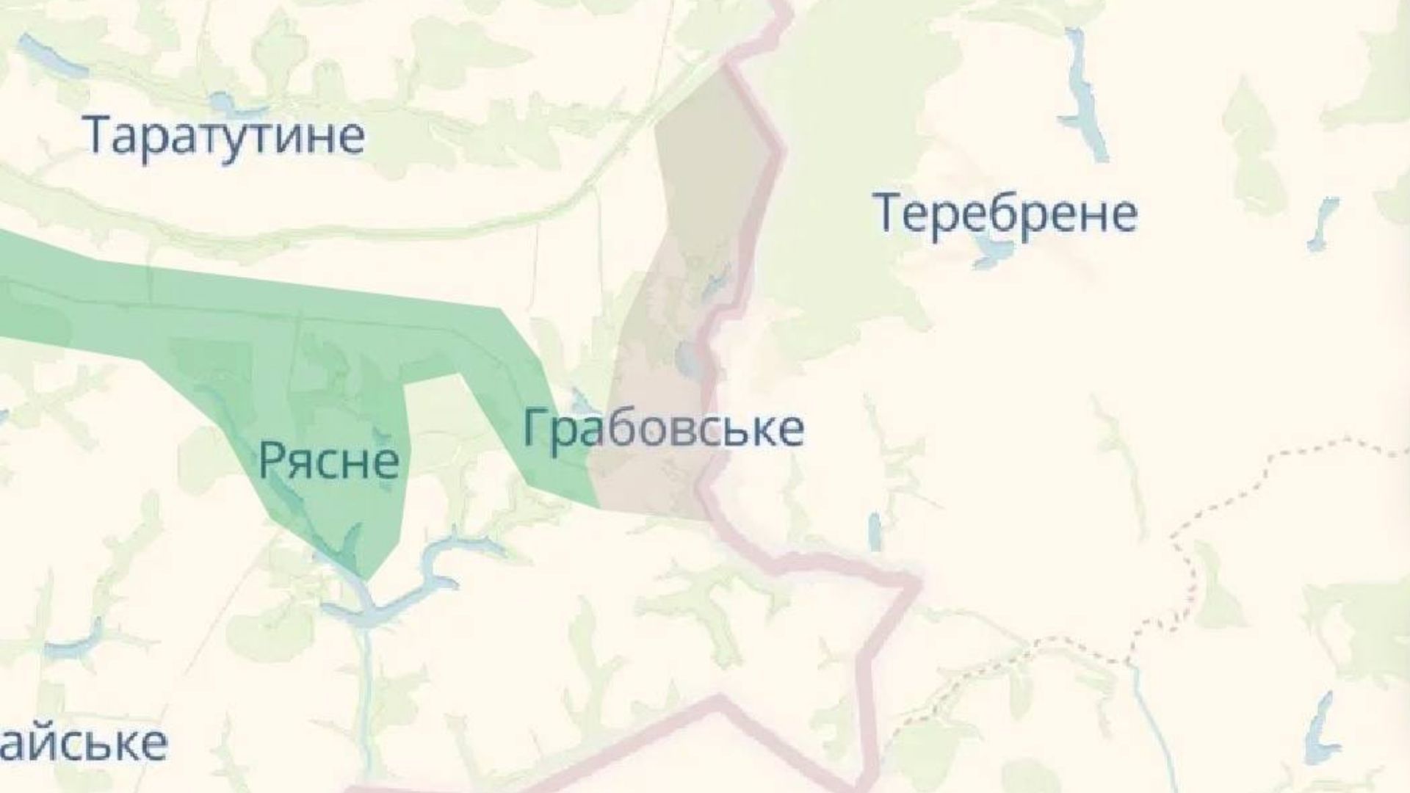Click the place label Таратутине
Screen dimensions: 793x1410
(x=225, y=135)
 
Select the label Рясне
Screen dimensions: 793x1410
(x=329, y=460)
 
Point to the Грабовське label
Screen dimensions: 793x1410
(x=663, y=429)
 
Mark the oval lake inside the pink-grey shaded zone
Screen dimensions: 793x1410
(x=688, y=359)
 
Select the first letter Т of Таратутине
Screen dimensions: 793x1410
(x=98, y=135)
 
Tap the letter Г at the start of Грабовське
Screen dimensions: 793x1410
(x=536, y=429)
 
